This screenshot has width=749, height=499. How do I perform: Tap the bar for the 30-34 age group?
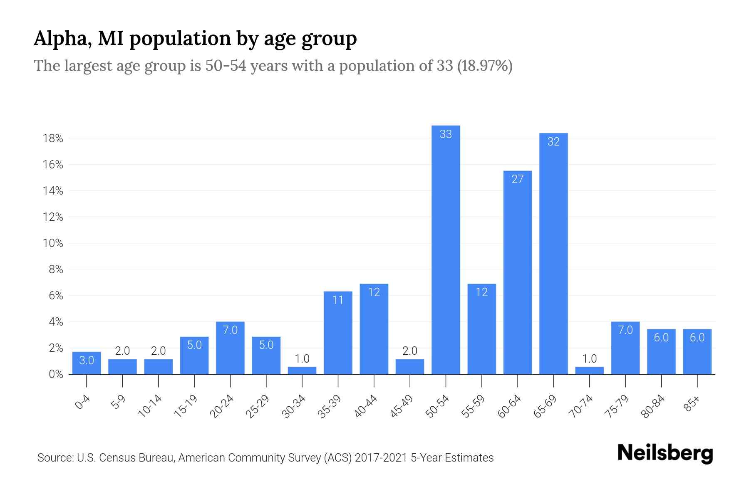pos(302,371)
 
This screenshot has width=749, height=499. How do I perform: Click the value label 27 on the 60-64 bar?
pos(517,179)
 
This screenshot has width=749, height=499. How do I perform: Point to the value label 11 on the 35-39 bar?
pos(338,300)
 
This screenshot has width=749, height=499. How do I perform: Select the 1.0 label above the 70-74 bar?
pos(589,358)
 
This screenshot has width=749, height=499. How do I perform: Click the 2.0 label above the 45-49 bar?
pos(410,351)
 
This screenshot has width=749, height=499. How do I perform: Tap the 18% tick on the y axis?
pos(53,138)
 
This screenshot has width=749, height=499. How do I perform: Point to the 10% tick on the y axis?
pos(53,243)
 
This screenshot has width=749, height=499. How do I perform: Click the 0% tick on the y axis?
pos(56,374)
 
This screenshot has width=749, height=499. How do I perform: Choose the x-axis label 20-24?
pos(222,406)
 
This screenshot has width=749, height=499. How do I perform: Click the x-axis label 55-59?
pos(473,406)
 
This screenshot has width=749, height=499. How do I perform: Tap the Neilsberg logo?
pos(665,453)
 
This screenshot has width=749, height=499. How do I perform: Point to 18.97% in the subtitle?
pos(485,66)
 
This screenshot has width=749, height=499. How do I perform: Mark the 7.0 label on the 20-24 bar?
pos(230,330)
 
